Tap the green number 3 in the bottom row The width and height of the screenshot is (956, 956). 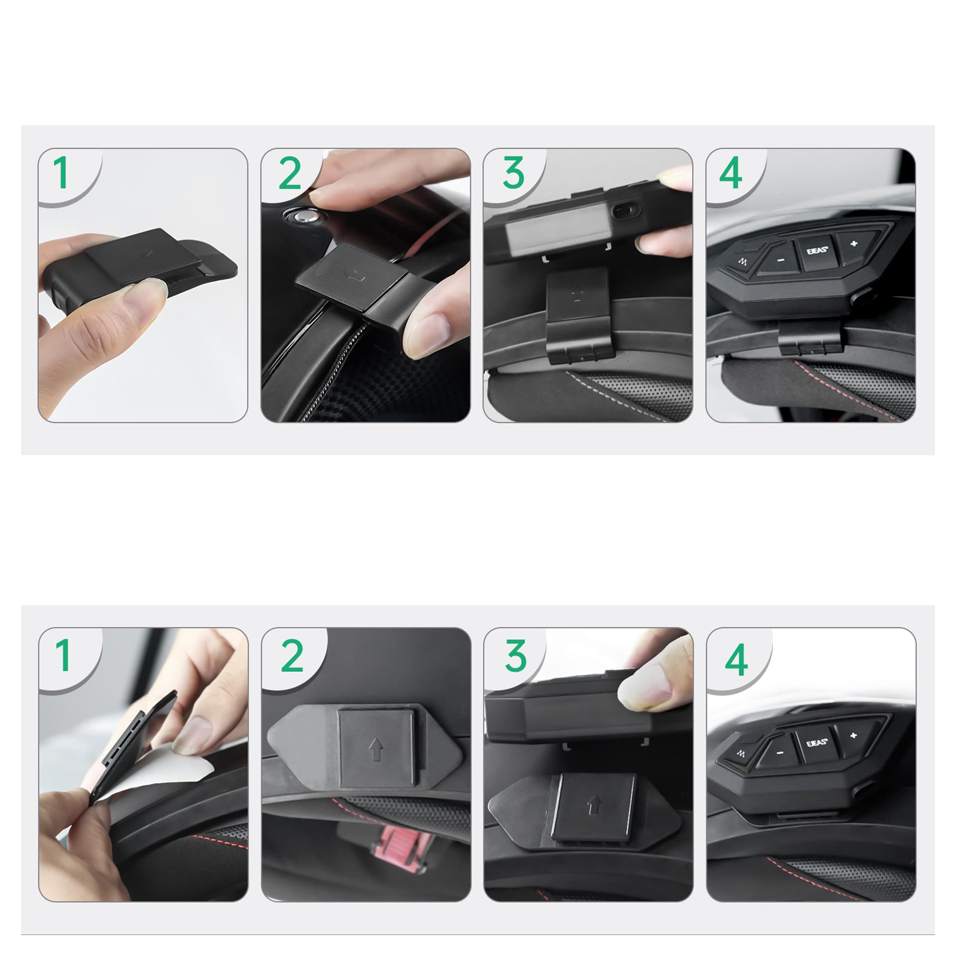(x=515, y=656)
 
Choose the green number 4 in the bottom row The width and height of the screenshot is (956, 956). (x=736, y=660)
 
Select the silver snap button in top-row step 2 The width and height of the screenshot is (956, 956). (x=303, y=216)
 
